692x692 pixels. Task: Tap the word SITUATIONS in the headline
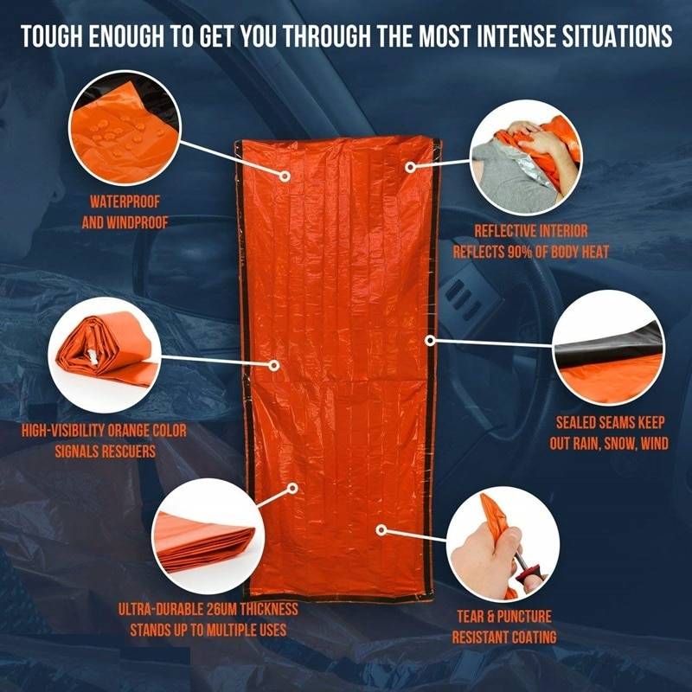point(609,38)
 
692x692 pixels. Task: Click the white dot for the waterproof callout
point(285,176)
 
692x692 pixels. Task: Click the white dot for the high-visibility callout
point(274,366)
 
